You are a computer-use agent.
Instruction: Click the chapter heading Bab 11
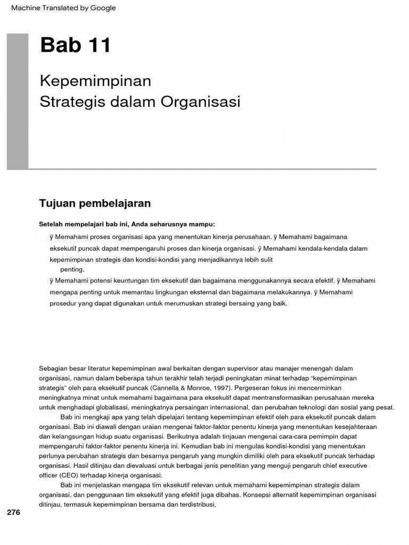(76, 46)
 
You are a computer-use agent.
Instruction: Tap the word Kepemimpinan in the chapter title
(95, 81)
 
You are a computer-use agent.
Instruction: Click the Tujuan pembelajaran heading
(95, 203)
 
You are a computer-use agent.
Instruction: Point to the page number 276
(13, 513)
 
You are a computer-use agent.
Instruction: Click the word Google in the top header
(104, 8)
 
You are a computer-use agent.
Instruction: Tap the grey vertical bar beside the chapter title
(18, 101)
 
